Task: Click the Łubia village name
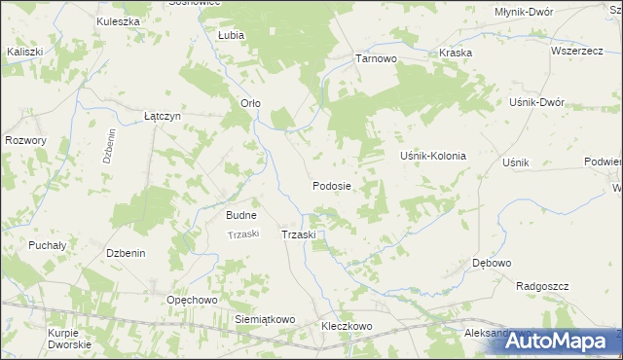pos(231,34)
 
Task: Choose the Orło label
pos(250,103)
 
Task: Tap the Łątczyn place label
pos(163,115)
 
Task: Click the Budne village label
pos(241,215)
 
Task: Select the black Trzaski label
pos(299,235)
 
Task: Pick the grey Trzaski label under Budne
pos(241,234)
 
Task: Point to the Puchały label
pos(47,245)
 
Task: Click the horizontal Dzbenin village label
pos(126,253)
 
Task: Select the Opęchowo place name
pos(191,300)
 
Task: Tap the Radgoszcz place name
pos(542,286)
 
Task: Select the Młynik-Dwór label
pos(524,11)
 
